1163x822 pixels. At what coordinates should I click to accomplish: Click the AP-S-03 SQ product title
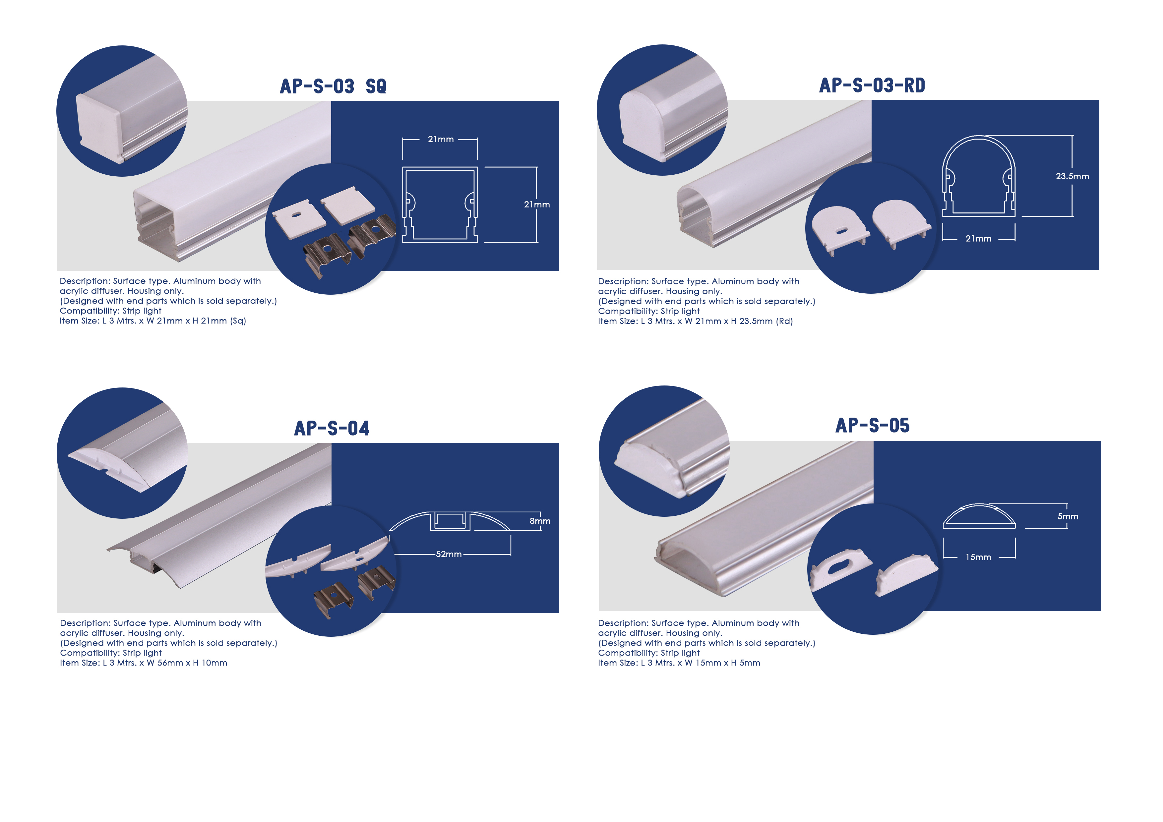tap(333, 86)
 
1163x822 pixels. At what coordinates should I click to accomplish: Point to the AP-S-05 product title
tap(872, 426)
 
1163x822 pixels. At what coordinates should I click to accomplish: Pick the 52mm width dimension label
tap(449, 554)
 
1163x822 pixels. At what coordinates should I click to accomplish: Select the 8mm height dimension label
tap(540, 521)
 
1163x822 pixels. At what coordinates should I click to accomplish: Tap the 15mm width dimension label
tap(978, 557)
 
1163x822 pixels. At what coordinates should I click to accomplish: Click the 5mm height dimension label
tap(1068, 517)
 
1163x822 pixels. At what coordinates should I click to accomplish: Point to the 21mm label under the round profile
tap(978, 239)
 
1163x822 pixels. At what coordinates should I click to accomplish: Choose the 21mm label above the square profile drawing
tap(441, 139)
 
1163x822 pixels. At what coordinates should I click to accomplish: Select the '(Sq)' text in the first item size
tap(238, 321)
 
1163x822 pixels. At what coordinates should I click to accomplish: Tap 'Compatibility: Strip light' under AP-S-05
tap(649, 653)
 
